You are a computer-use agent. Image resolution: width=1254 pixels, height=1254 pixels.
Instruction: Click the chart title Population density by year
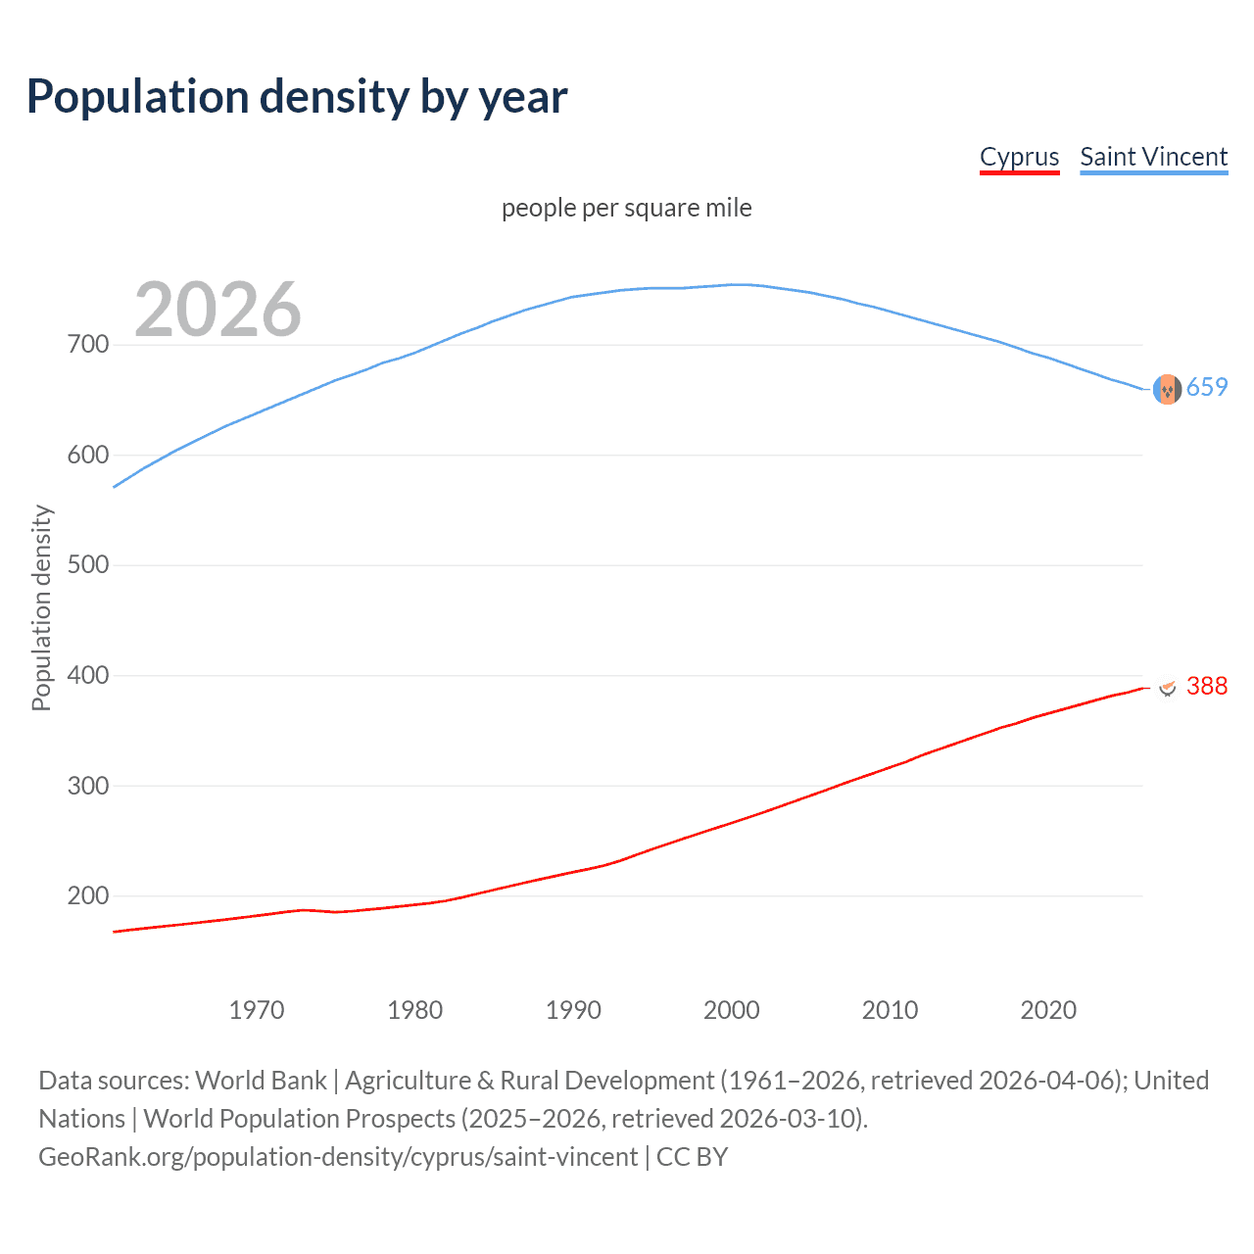coord(297,97)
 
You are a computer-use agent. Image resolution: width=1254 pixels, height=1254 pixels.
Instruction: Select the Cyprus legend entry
coord(1019,157)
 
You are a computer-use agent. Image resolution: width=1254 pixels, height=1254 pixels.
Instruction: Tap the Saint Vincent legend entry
coord(1153,157)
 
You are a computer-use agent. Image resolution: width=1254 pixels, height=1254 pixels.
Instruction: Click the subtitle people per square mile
coord(626,209)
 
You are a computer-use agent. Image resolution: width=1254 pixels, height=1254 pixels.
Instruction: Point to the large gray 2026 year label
coord(217,310)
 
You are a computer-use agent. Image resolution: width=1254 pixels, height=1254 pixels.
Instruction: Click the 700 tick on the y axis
coord(88,345)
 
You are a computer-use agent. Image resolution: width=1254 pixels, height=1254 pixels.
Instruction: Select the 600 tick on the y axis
coord(88,456)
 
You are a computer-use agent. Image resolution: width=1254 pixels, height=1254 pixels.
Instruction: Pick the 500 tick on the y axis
coord(88,565)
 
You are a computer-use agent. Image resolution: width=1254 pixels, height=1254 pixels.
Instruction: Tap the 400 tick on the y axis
coord(88,676)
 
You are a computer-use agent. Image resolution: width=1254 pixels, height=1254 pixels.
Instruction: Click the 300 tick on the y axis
coord(88,786)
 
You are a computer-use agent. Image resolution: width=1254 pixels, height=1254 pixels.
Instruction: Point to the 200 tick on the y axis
coord(88,896)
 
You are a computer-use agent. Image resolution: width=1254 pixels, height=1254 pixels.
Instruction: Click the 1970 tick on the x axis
coord(257,1010)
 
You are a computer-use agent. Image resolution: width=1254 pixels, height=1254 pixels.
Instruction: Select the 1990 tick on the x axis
coord(573,1010)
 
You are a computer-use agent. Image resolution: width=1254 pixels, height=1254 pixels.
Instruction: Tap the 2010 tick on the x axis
coord(890,1010)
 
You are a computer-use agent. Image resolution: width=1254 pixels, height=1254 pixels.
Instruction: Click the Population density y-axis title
coord(41,607)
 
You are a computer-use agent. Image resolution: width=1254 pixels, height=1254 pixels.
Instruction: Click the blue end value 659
coord(1207,388)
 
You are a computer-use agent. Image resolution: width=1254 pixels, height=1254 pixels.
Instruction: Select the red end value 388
coord(1207,687)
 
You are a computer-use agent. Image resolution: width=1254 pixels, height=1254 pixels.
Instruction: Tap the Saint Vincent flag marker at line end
coord(1167,390)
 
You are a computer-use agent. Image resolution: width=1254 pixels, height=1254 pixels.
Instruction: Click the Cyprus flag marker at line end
coord(1167,687)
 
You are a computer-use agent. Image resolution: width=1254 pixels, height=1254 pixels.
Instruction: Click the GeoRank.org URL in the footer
coord(338,1157)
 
